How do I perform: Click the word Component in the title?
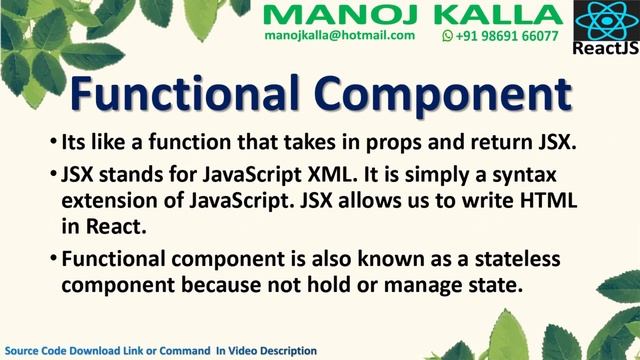click(439, 96)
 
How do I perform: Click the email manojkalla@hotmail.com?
click(340, 35)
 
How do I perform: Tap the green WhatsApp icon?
click(448, 35)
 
